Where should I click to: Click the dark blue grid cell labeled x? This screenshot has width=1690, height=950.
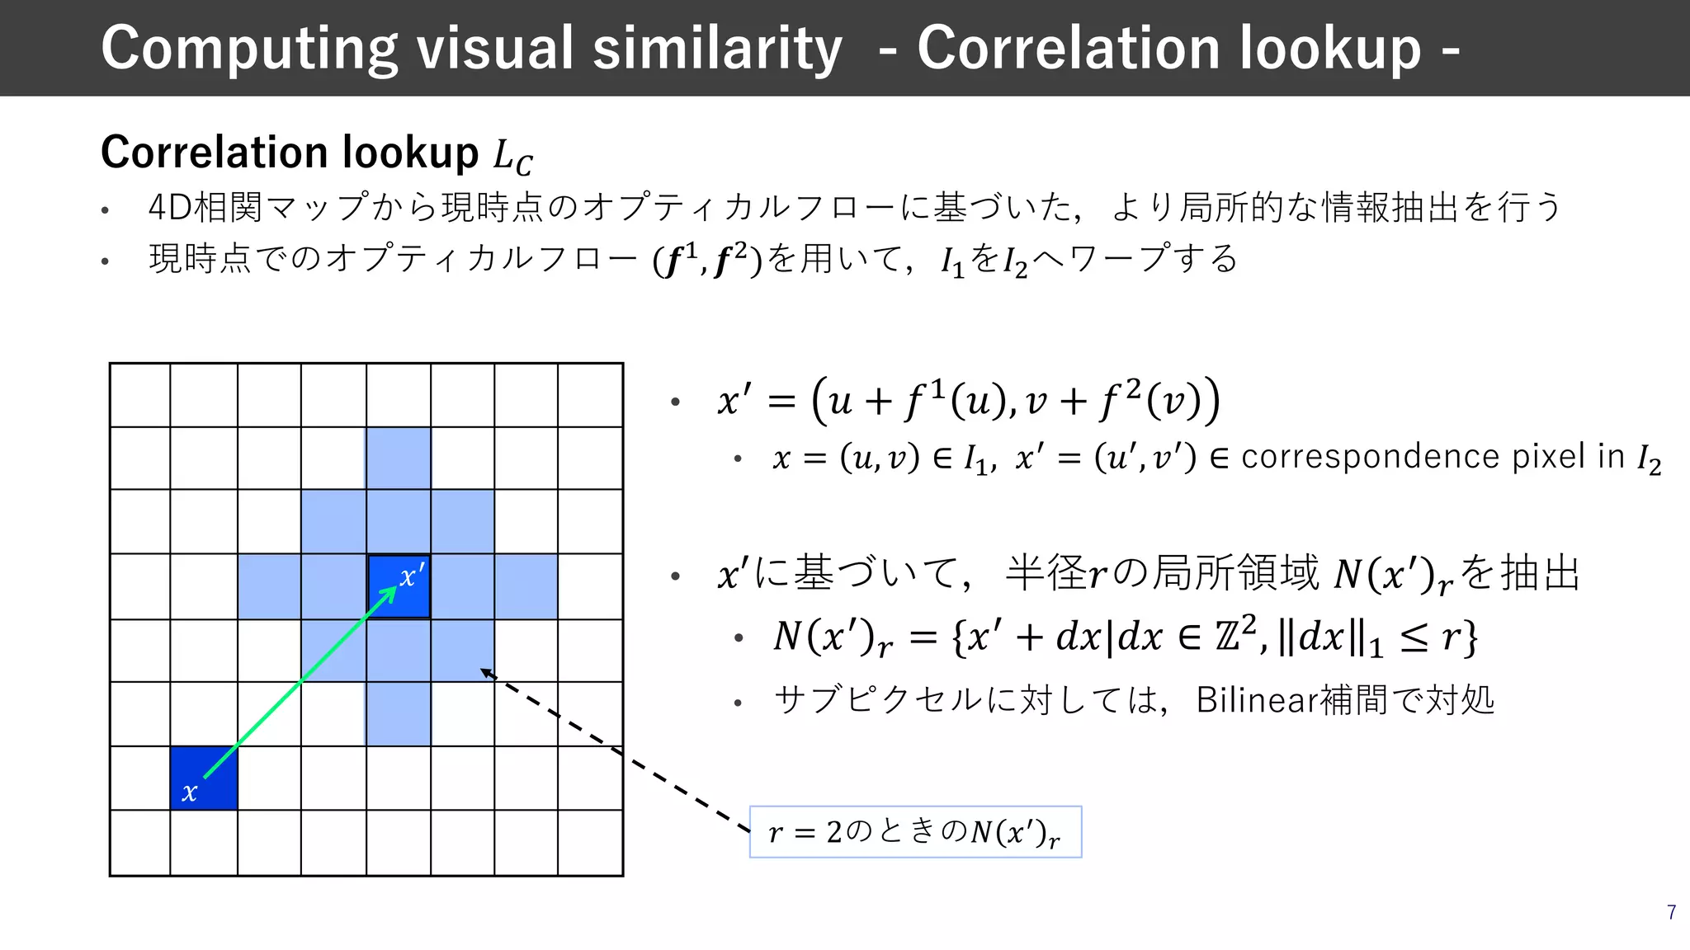click(x=203, y=778)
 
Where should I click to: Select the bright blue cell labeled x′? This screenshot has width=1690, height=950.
click(x=399, y=586)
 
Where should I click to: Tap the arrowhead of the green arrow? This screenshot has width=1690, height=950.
click(x=389, y=594)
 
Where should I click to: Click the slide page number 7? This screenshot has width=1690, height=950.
click(x=1671, y=912)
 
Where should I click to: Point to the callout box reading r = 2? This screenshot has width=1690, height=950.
click(x=914, y=832)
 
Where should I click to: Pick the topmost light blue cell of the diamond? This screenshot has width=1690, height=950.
click(x=399, y=458)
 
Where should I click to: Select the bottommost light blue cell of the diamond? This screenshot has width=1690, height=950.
click(x=399, y=713)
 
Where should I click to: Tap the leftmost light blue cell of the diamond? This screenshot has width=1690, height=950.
click(x=269, y=586)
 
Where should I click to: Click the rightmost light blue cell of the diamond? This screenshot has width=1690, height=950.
click(x=526, y=586)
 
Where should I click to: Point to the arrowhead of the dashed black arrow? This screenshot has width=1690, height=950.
click(x=486, y=672)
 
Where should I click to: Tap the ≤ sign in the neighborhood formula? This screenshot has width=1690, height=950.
click(x=1414, y=637)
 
